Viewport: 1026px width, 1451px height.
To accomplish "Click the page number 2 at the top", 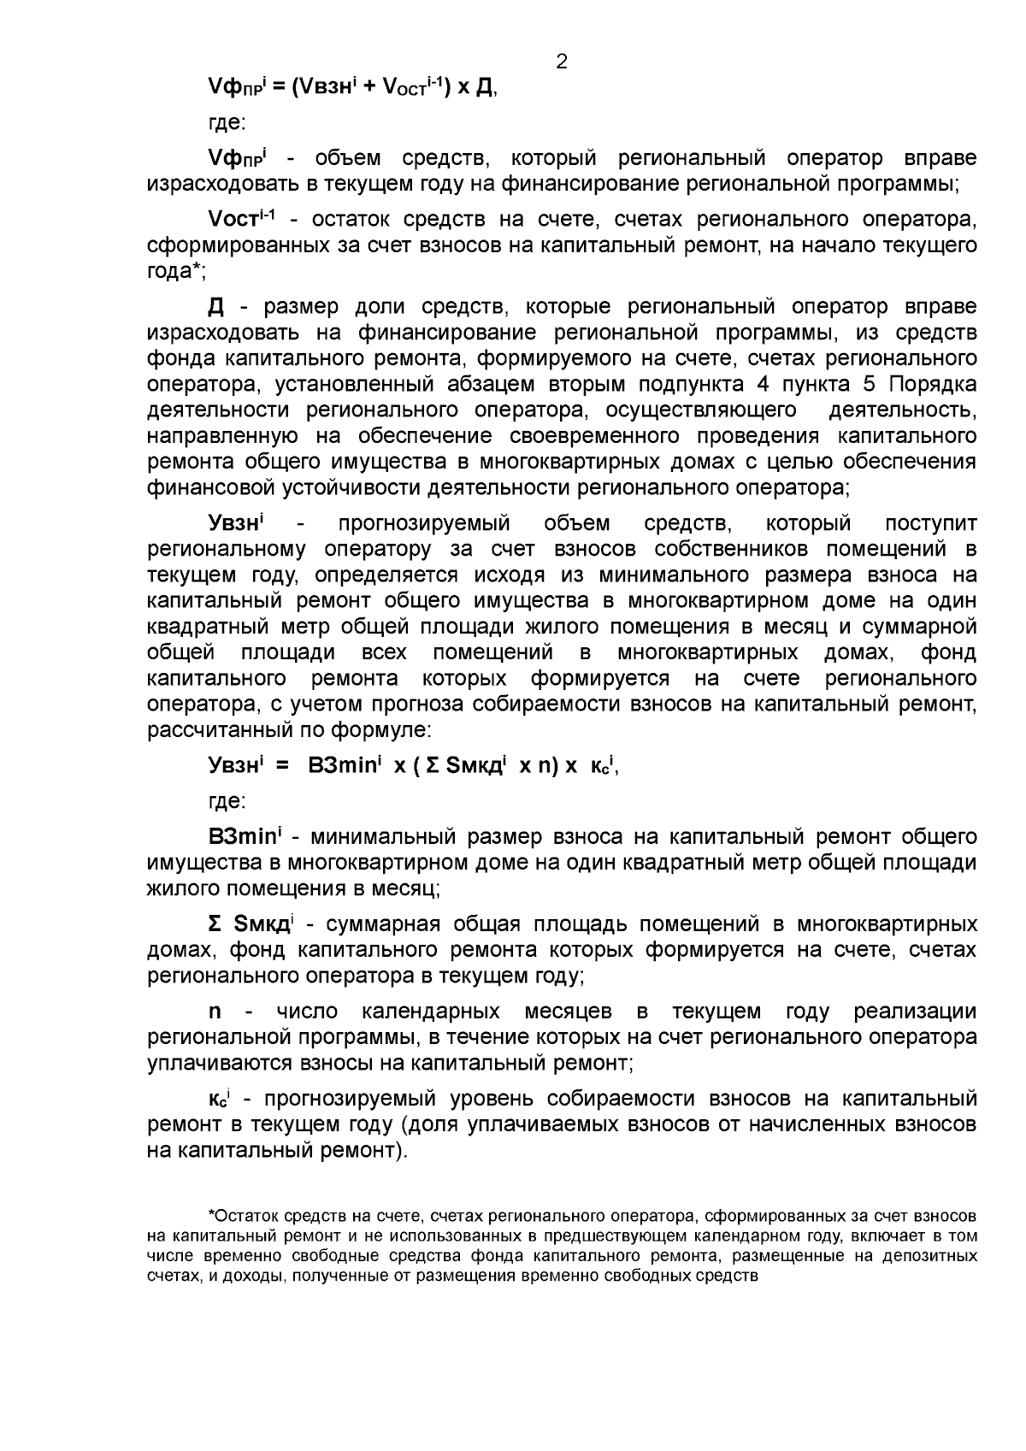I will pyautogui.click(x=562, y=62).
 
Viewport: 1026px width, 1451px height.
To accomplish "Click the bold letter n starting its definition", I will pyautogui.click(x=215, y=1012).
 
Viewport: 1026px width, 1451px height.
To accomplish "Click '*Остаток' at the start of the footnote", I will pyautogui.click(x=241, y=1216).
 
